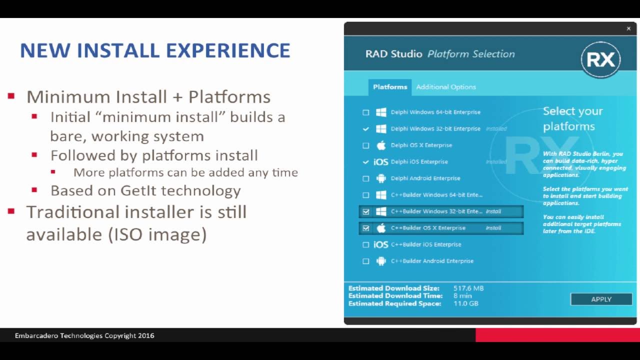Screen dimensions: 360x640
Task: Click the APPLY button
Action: (601, 299)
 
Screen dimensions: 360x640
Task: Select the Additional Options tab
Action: (445, 87)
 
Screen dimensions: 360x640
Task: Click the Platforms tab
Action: (390, 87)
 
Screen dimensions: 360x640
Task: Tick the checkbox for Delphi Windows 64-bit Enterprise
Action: (366, 112)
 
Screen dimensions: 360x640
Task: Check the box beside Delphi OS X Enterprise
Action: (366, 145)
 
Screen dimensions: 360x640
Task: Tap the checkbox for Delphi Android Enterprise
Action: (366, 178)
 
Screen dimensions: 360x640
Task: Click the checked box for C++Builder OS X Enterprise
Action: (366, 228)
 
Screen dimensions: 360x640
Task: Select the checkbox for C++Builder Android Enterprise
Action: (366, 261)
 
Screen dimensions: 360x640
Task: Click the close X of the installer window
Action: (628, 29)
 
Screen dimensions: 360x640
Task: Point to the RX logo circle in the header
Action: (600, 60)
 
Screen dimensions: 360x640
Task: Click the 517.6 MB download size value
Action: (468, 288)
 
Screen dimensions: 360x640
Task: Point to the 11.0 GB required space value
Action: (465, 303)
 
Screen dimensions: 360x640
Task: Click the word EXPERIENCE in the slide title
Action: (228, 50)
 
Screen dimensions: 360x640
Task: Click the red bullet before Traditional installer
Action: (11, 211)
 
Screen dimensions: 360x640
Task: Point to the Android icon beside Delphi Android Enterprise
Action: (381, 178)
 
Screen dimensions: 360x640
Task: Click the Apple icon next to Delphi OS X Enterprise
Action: (381, 145)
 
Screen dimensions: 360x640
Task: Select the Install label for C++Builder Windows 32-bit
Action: (493, 211)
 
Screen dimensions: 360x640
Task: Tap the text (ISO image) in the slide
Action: (157, 234)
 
